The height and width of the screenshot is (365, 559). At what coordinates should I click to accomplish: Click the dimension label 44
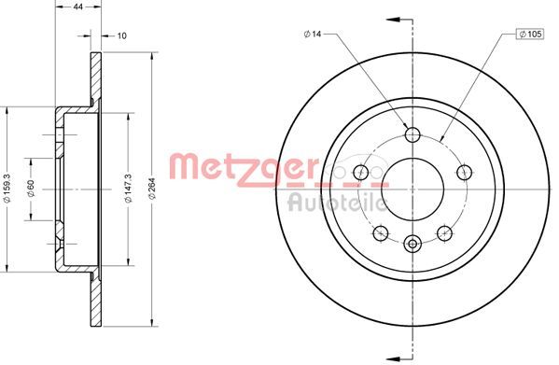click(78, 7)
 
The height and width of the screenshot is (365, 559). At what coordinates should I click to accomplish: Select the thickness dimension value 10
click(122, 35)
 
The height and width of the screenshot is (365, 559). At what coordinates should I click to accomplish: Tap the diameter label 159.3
click(7, 189)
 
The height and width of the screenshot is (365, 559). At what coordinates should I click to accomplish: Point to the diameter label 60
click(31, 189)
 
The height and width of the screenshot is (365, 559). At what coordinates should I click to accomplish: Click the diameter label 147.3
click(128, 189)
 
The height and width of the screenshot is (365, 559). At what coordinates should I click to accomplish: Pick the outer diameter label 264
click(153, 189)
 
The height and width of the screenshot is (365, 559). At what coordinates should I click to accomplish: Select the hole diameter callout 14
click(313, 34)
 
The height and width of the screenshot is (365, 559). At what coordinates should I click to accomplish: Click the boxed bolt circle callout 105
click(530, 35)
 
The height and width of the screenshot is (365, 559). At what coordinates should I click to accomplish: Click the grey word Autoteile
click(337, 203)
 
